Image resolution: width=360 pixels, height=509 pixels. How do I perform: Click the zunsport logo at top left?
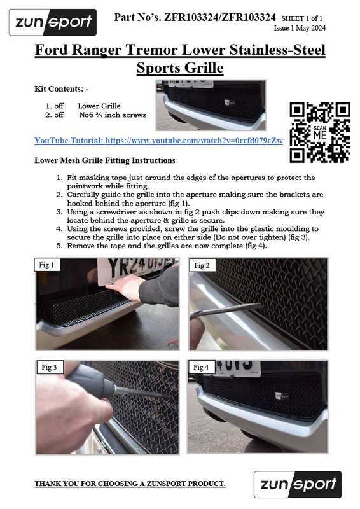(x=53, y=23)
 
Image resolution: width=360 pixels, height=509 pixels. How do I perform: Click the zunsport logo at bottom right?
(x=297, y=484)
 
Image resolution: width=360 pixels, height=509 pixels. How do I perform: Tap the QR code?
(x=320, y=132)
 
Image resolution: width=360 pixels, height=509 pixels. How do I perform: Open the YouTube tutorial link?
(x=158, y=140)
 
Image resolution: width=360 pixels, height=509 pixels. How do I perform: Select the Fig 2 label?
(x=202, y=265)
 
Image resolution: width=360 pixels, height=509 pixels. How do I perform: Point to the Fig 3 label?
(x=49, y=368)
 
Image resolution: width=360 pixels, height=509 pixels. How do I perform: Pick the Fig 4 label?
(x=202, y=368)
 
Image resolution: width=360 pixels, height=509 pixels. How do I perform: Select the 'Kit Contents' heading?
(x=61, y=89)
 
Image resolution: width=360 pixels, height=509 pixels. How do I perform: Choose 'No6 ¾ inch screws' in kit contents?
(x=113, y=115)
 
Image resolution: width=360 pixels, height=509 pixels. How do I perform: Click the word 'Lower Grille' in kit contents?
(x=99, y=106)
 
